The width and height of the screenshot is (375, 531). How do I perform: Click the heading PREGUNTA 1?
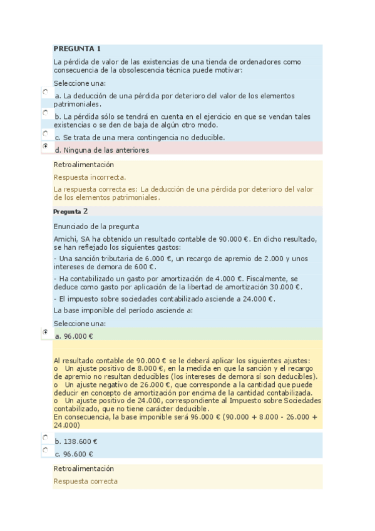pyautogui.click(x=77, y=49)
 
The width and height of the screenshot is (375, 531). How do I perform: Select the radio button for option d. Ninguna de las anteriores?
pyautogui.click(x=45, y=146)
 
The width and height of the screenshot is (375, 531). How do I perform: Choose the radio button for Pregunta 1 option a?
pyautogui.click(x=45, y=92)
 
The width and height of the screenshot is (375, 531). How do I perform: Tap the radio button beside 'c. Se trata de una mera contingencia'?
pyautogui.click(x=45, y=133)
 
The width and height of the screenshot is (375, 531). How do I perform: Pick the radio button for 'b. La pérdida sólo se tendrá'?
pyautogui.click(x=45, y=113)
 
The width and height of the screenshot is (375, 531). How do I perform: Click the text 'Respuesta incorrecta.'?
pyautogui.click(x=90, y=177)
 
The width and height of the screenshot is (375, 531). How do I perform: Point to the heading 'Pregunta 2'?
pyautogui.click(x=71, y=212)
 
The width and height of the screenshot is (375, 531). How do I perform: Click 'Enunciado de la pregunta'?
pyautogui.click(x=96, y=226)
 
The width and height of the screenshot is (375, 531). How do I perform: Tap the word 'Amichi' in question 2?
pyautogui.click(x=66, y=239)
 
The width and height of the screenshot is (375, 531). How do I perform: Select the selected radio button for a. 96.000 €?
pyautogui.click(x=45, y=333)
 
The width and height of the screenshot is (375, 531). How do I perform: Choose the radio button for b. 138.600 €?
pyautogui.click(x=45, y=437)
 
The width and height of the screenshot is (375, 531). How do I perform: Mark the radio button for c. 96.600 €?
pyautogui.click(x=45, y=450)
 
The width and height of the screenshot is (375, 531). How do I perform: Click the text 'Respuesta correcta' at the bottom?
pyautogui.click(x=85, y=482)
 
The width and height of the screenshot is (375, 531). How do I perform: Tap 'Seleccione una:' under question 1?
pyautogui.click(x=80, y=83)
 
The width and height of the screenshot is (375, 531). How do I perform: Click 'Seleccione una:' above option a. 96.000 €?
pyautogui.click(x=80, y=324)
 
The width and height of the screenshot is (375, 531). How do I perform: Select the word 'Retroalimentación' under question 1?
pyautogui.click(x=84, y=165)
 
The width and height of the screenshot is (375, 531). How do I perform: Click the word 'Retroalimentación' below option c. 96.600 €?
pyautogui.click(x=84, y=469)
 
